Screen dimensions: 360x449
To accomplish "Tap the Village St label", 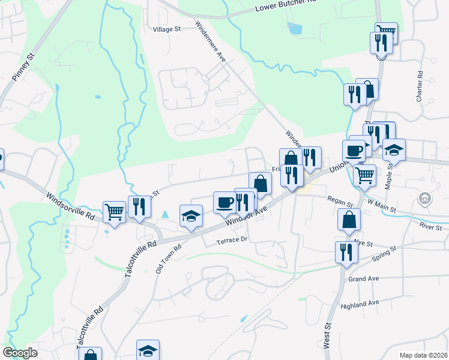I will pyautogui.click(x=166, y=29).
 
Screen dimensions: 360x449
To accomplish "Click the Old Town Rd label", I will pyautogui.click(x=169, y=259).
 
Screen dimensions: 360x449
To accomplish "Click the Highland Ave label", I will pyautogui.click(x=360, y=304).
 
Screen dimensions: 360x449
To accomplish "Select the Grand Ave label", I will pyautogui.click(x=364, y=279).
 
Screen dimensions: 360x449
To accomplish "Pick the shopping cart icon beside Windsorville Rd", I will pyautogui.click(x=114, y=212).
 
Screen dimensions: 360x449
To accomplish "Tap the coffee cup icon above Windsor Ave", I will pyautogui.click(x=225, y=202).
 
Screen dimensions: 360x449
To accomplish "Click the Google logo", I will pyautogui.click(x=20, y=353).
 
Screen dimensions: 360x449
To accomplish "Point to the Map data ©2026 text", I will pyautogui.click(x=424, y=355).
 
